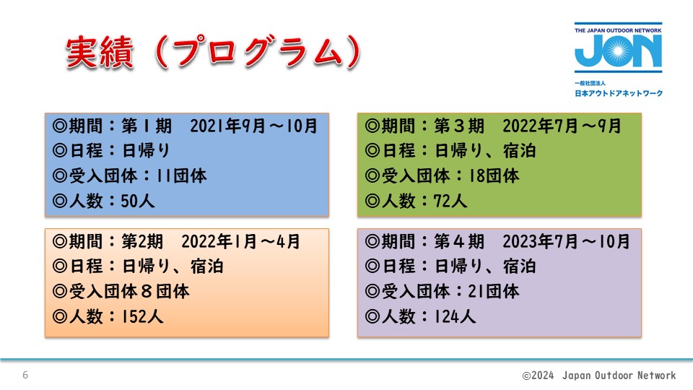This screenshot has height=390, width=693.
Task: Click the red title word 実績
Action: [x=100, y=53]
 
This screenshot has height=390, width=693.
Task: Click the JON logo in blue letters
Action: [x=618, y=51]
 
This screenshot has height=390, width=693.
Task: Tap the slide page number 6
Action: [x=25, y=375]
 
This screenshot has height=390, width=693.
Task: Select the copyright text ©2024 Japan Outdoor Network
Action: [x=599, y=376]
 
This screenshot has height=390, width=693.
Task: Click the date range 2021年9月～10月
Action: [x=253, y=126]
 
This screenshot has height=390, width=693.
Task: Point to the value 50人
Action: [x=137, y=201]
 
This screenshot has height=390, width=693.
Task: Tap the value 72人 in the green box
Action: [x=450, y=201]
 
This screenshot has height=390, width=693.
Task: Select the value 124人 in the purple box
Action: [x=455, y=316]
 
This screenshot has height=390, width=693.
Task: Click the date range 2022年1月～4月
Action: [x=241, y=241]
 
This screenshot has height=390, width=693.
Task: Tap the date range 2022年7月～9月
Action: [x=562, y=126]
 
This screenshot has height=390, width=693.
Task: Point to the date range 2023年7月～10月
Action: [x=566, y=241]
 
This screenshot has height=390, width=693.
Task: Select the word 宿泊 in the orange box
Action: [x=207, y=266]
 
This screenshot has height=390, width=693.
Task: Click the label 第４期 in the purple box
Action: [x=459, y=241]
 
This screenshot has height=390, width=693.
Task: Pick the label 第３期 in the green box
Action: [x=459, y=126]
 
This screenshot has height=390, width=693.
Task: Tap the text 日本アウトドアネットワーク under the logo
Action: [x=619, y=93]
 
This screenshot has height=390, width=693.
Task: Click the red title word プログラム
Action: [x=258, y=53]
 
